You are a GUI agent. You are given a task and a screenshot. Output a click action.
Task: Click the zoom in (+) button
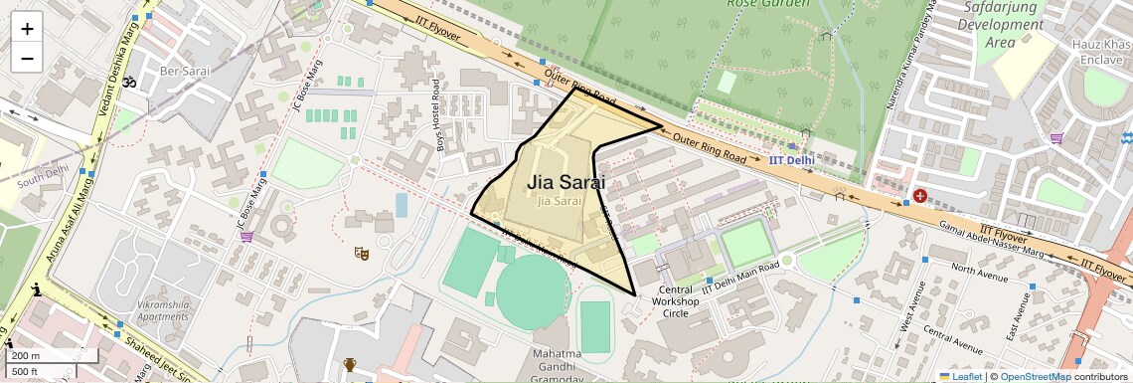pyautogui.click(x=27, y=28)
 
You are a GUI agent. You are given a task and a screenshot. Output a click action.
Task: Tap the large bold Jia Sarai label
pyautogui.click(x=566, y=182)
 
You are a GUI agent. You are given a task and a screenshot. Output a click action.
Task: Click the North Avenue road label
pyautogui.click(x=980, y=269)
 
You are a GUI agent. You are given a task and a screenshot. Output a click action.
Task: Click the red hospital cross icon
pyautogui.click(x=920, y=196)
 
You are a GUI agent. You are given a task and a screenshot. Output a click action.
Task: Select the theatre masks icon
pyautogui.click(x=363, y=255)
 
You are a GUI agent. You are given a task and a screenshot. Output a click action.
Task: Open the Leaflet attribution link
pyautogui.click(x=959, y=376)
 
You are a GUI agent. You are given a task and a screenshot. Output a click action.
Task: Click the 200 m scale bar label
pyautogui.click(x=27, y=356)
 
